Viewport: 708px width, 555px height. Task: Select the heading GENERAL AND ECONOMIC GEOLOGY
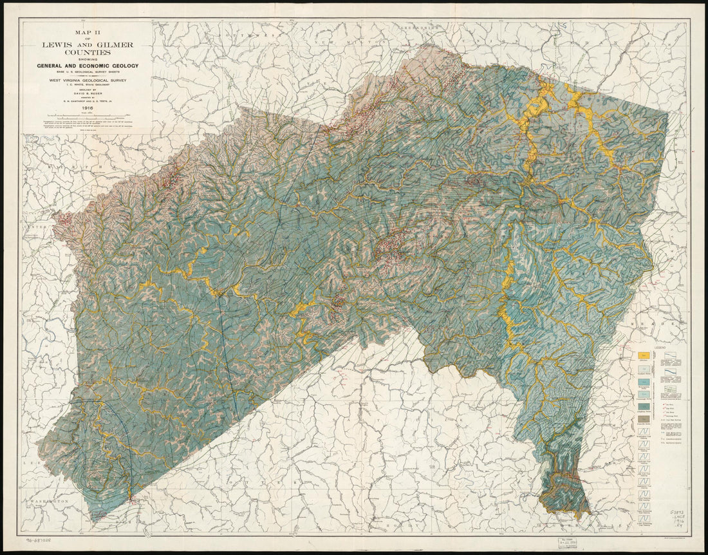click(88, 66)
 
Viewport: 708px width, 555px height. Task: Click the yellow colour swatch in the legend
click(642, 355)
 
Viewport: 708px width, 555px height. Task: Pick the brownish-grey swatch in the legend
click(642, 420)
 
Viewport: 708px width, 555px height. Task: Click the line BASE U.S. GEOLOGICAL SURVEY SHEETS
click(88, 72)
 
